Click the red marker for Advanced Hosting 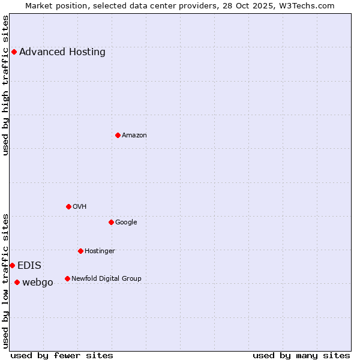tap(14, 52)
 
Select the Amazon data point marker tap(118, 135)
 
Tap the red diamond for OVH tap(68, 206)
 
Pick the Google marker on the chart tap(111, 222)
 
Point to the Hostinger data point tap(80, 251)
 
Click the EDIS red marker tap(12, 265)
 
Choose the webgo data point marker tap(17, 282)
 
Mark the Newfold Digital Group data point tap(67, 278)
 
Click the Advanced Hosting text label tap(62, 52)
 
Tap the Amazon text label tap(134, 135)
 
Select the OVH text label tap(80, 206)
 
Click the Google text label tap(126, 222)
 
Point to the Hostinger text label tap(100, 251)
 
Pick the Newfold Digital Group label tap(106, 278)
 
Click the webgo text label tap(38, 282)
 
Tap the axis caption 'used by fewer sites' tap(62, 355)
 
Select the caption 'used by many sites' tap(301, 355)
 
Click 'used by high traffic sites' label tap(5, 85)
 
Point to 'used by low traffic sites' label tap(5, 281)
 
